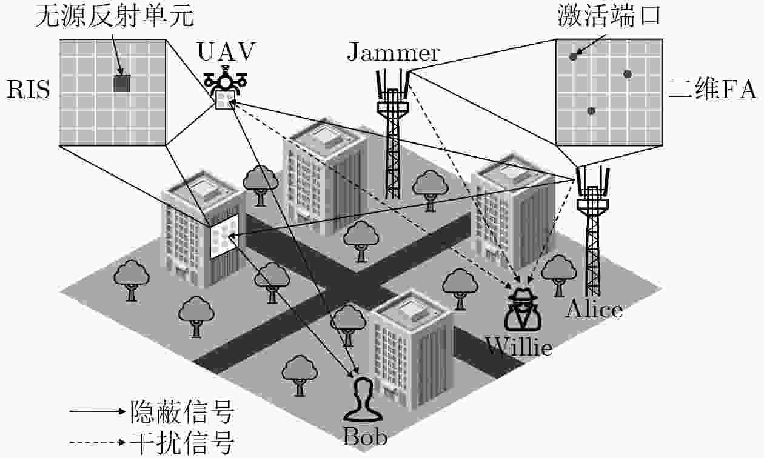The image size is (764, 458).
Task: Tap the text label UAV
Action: [x=227, y=52]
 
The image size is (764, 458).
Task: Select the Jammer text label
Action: [x=393, y=53]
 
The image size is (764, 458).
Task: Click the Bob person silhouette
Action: [x=363, y=400]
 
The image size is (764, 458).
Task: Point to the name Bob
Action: [x=365, y=437]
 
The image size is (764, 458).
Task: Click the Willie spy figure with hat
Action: [x=523, y=310]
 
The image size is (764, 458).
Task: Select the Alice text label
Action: [x=594, y=310]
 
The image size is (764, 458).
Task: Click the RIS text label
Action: [x=28, y=89]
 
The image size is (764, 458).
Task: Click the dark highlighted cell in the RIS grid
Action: [x=122, y=84]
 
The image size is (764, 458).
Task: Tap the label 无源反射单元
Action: [x=114, y=16]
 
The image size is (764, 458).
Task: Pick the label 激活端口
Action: [x=609, y=16]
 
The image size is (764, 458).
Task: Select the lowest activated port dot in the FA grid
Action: [x=591, y=111]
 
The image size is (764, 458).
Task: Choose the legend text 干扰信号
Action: [x=182, y=443]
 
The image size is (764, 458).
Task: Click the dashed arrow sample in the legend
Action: [x=98, y=443]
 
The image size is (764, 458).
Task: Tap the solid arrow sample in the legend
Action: [x=98, y=411]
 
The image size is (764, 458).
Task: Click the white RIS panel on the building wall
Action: [x=224, y=236]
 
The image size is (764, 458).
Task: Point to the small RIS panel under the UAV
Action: [x=225, y=100]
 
